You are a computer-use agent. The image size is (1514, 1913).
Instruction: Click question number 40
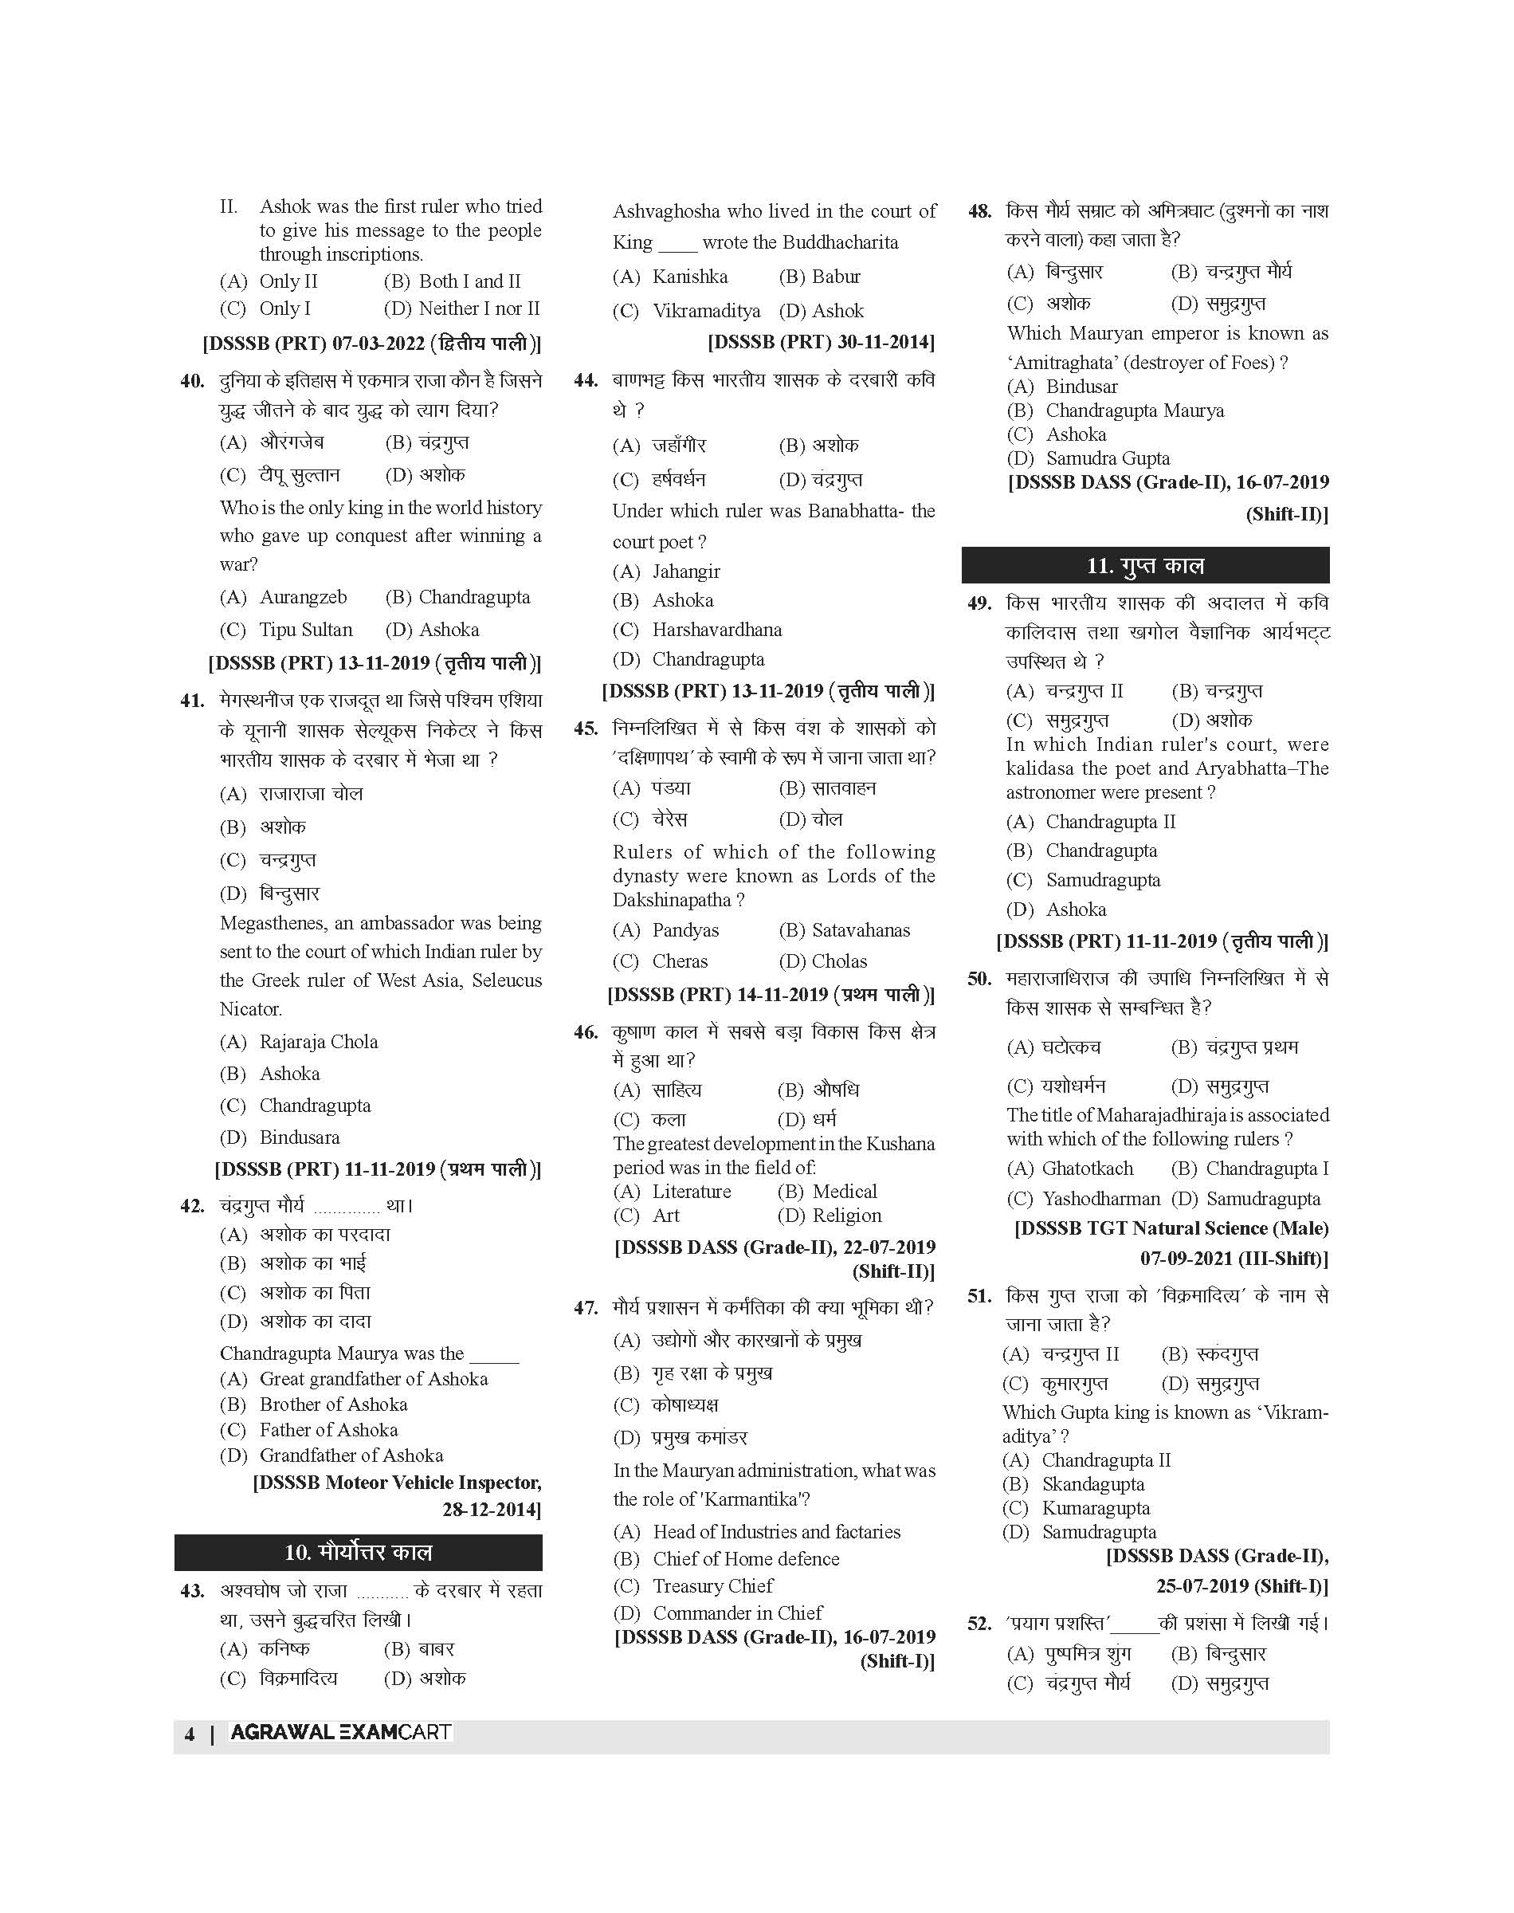tap(191, 381)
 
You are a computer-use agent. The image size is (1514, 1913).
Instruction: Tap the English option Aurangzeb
tap(302, 598)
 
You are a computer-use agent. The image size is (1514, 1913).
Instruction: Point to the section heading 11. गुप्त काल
tap(1145, 566)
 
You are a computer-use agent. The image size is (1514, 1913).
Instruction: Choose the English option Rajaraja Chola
tap(318, 1042)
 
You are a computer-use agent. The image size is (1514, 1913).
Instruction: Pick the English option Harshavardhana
tap(716, 630)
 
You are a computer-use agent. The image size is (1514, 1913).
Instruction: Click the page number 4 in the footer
tap(189, 1734)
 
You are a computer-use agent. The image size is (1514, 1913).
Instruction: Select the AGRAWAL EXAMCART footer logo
tap(340, 1732)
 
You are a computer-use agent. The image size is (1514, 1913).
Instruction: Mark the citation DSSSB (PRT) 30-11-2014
tap(821, 342)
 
